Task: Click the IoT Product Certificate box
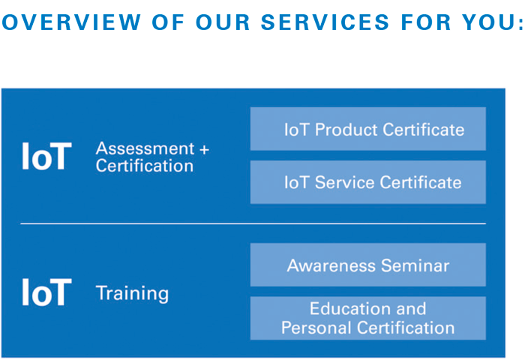coord(367,129)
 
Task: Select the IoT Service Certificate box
coord(367,182)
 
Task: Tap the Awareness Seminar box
coord(367,265)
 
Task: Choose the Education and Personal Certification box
coord(367,319)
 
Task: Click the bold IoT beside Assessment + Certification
coord(46,157)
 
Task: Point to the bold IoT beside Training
coord(46,292)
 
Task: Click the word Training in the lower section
coord(132,293)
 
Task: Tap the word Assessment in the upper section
coord(145,148)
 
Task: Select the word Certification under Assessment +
coord(144,166)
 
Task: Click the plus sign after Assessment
coord(204,149)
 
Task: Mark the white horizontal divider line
coord(253,223)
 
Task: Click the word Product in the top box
coord(346,130)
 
